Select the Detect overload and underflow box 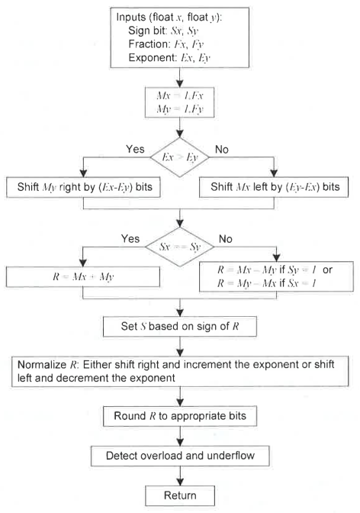[181, 458]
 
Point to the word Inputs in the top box [135, 17]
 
